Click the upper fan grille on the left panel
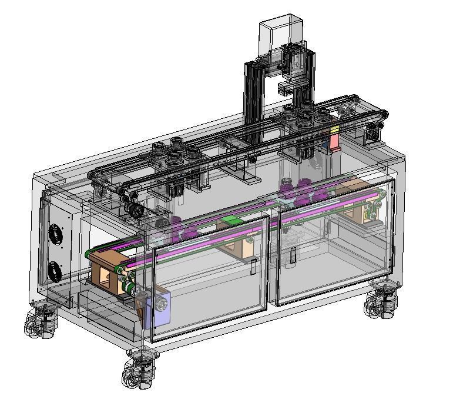pos(55,235)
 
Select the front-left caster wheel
pos(40,322)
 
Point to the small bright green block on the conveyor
pos(230,221)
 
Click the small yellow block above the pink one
pos(334,129)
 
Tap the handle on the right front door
pos(293,255)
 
